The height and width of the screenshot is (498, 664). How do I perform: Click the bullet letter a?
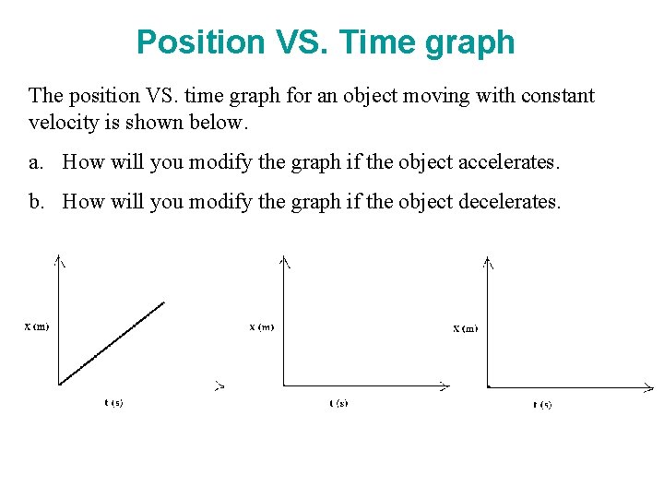(x=34, y=163)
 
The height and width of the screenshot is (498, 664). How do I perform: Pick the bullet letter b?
(x=35, y=202)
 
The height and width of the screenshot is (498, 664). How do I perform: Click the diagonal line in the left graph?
(x=111, y=342)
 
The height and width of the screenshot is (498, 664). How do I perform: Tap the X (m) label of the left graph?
(x=37, y=326)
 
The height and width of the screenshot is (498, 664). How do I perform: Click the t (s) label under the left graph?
(x=113, y=403)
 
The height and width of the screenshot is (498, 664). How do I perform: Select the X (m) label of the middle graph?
(x=262, y=326)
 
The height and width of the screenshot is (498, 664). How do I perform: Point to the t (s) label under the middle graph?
(x=338, y=403)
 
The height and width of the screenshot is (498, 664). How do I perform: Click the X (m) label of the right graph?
(x=466, y=327)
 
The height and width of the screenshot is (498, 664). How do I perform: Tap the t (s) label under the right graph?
(x=542, y=404)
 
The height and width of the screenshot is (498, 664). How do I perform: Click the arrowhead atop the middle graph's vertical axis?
(x=285, y=261)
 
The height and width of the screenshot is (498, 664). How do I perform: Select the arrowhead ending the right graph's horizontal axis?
(x=649, y=387)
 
